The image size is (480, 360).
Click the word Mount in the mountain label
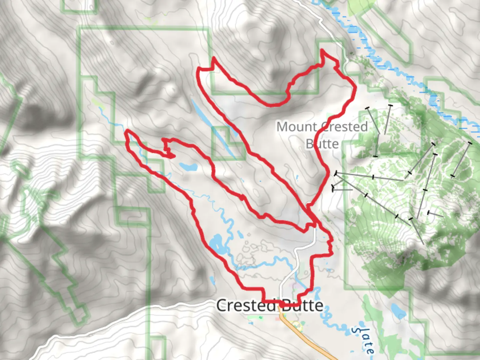point(296,127)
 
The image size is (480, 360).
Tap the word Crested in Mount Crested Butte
point(345,127)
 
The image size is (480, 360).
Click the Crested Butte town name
point(270,306)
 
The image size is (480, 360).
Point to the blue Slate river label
point(363,340)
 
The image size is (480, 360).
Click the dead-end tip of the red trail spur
point(173,156)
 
